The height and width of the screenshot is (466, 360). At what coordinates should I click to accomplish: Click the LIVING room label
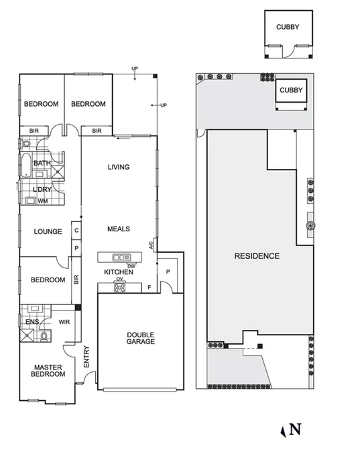click(x=119, y=167)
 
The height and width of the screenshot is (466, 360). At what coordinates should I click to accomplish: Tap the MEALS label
click(x=119, y=229)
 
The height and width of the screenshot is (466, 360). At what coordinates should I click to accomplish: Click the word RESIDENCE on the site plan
click(x=257, y=256)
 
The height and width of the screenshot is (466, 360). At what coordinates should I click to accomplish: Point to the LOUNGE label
click(x=48, y=232)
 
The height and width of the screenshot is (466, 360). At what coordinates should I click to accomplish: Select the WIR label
click(x=65, y=322)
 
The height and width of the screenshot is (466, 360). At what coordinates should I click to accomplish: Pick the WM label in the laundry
click(x=42, y=201)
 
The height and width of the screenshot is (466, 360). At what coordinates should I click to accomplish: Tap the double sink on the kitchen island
click(x=121, y=257)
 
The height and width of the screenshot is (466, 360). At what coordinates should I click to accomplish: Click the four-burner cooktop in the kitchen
click(x=121, y=288)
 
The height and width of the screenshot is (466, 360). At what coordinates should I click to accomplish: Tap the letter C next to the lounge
click(x=76, y=231)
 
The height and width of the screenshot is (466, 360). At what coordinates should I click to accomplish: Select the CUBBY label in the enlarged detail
click(x=288, y=27)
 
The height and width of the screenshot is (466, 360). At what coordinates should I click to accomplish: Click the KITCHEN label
click(x=118, y=272)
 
